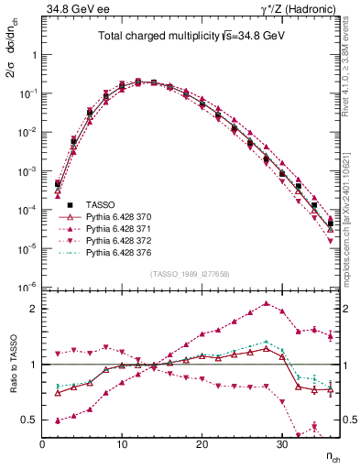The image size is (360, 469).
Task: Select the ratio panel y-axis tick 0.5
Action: pos(30,420)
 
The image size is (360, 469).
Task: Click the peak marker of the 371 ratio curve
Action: pos(266,303)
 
